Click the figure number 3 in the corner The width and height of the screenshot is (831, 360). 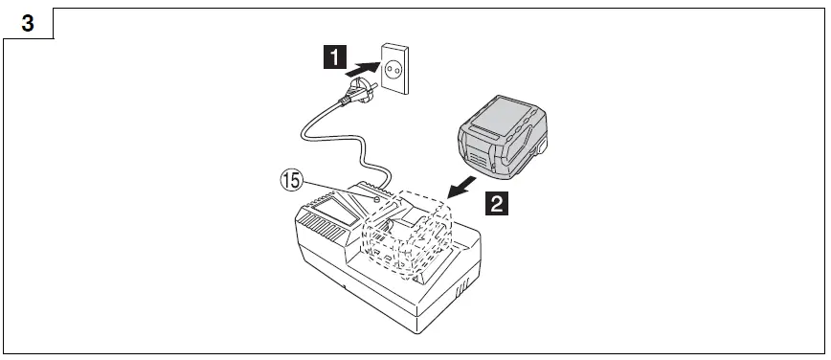(x=27, y=24)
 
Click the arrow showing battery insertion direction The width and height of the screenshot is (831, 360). (x=462, y=181)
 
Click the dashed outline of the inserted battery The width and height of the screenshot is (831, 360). (x=407, y=235)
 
